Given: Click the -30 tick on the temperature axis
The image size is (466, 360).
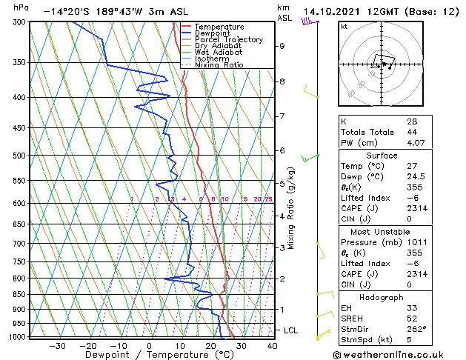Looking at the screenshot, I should pos(57,345).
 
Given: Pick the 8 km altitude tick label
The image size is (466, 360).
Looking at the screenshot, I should pos(282,81).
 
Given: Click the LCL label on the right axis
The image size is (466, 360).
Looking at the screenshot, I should pos(292,330).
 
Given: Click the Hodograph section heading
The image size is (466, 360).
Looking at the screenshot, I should pos(382,296).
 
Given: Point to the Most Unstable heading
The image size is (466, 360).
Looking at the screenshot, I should pos(382,232).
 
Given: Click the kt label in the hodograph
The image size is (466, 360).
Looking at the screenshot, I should pos(344,27).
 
